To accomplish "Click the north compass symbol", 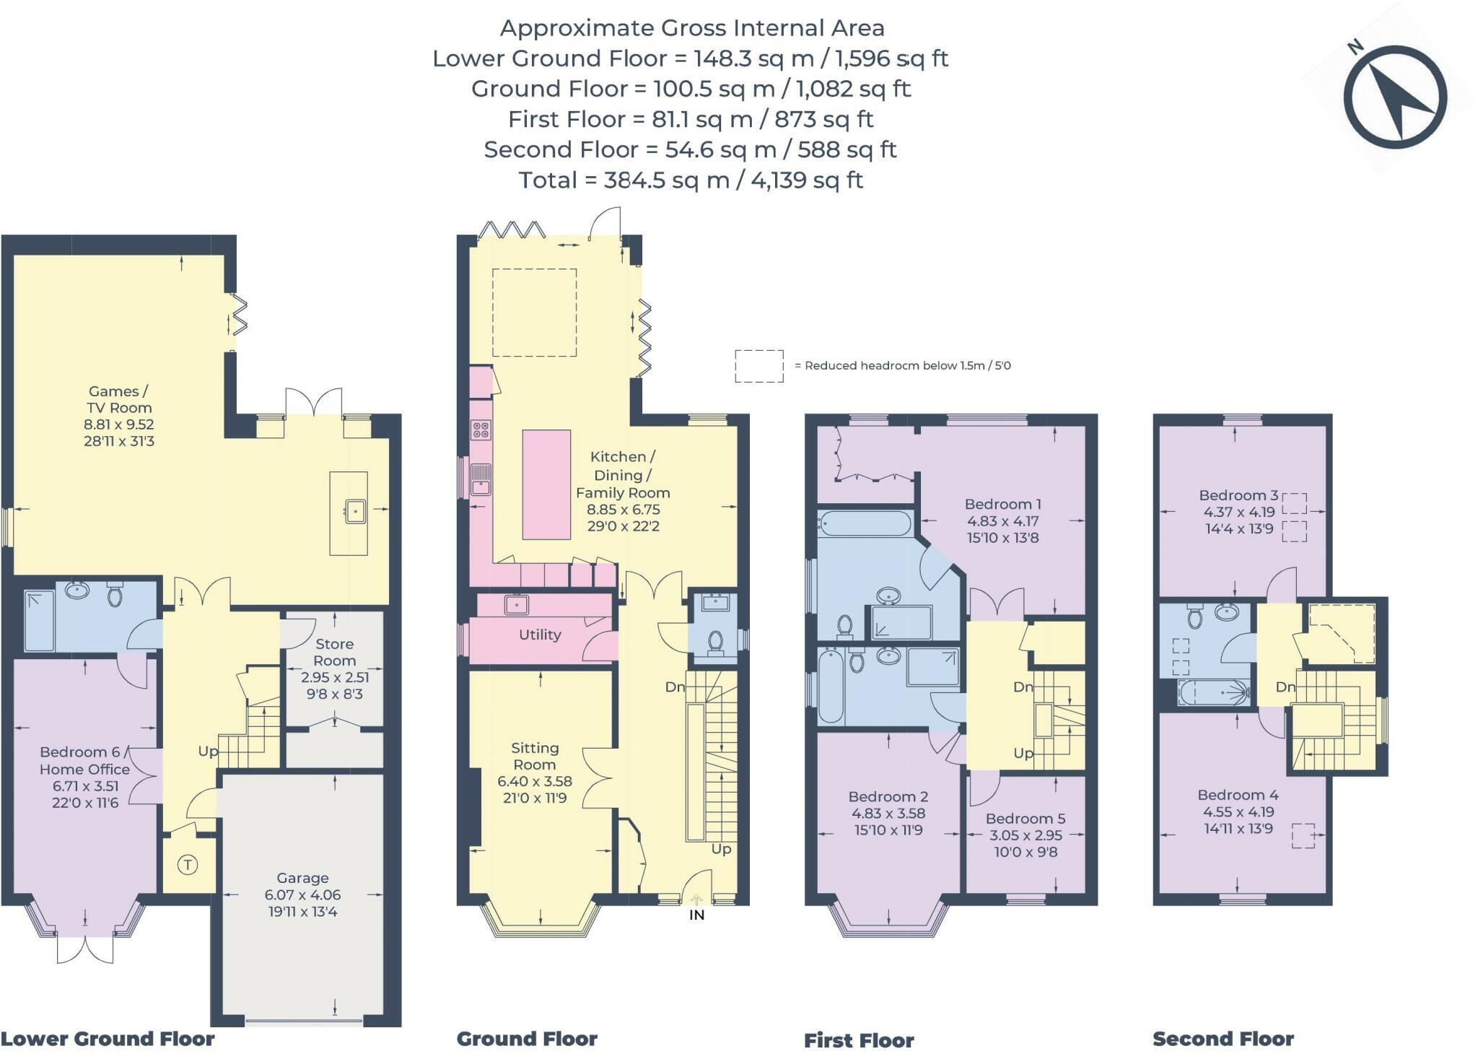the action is click(x=1394, y=96).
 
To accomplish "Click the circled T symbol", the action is click(x=188, y=864).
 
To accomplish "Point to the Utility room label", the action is click(x=540, y=635).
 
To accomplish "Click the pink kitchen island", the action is click(x=546, y=484).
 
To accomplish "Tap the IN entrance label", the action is click(x=696, y=915).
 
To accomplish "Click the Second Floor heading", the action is click(x=1223, y=1039).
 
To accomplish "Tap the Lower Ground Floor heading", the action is click(x=108, y=1039).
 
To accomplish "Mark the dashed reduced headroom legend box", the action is click(x=759, y=366).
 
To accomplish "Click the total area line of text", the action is click(x=691, y=180).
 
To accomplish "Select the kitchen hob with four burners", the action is click(x=481, y=430).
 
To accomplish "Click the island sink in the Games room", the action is click(x=355, y=511).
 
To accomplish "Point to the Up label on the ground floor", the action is click(x=721, y=849).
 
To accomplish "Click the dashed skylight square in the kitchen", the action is click(x=535, y=313).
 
